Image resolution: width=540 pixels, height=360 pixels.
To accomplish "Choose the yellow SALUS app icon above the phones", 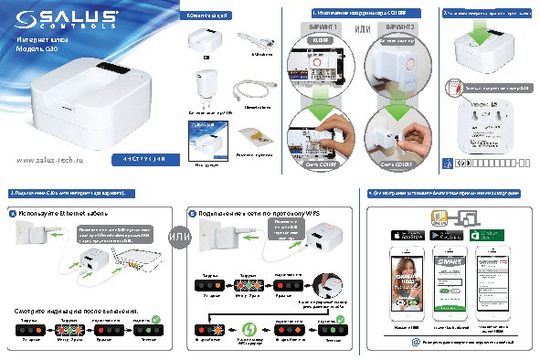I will click(436, 219).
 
